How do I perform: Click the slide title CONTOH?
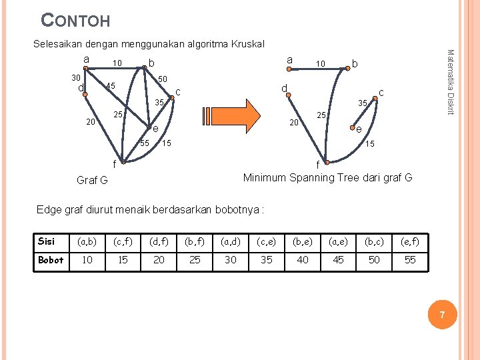point(75,20)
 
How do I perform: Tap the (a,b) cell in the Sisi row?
point(87,241)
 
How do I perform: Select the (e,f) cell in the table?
point(410,241)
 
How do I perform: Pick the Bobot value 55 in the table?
point(410,260)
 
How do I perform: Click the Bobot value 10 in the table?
point(87,260)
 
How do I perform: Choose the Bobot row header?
point(51,260)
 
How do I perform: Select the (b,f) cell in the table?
point(195,241)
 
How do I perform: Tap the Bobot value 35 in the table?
point(267,260)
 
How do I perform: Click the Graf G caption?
point(92,180)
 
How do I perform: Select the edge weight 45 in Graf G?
point(111,86)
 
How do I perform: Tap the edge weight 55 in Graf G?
point(145,143)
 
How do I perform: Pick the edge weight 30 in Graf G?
point(77,77)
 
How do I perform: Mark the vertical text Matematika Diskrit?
point(450,81)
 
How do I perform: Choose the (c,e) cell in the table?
point(267,241)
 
